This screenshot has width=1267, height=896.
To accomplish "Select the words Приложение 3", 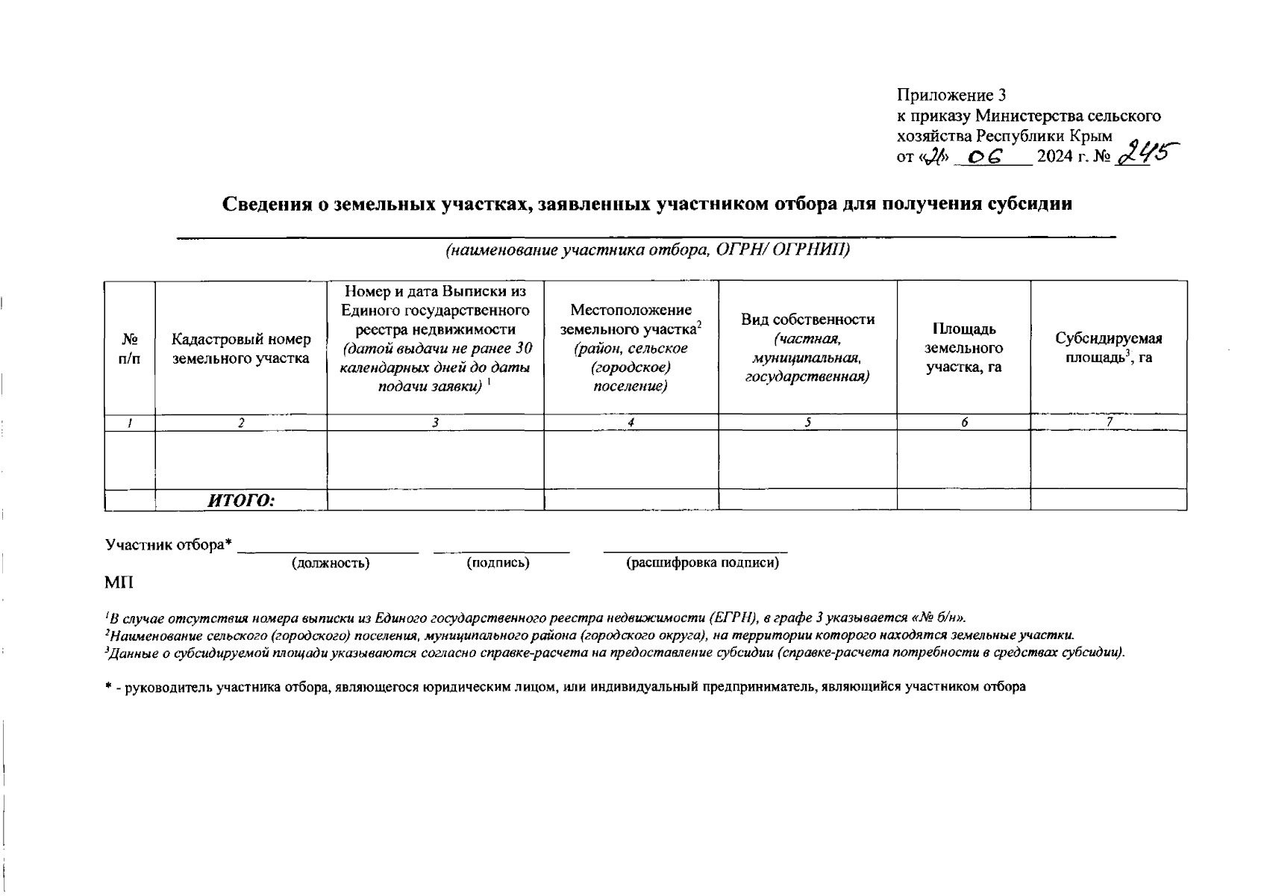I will (951, 96).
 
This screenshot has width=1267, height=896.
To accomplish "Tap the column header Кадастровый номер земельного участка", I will (240, 349).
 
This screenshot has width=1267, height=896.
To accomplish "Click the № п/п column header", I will (129, 349).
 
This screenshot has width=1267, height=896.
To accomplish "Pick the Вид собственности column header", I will (807, 348).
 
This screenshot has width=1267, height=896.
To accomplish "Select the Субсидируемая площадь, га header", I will (1108, 348).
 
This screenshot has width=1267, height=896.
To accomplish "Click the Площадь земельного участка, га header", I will (963, 348).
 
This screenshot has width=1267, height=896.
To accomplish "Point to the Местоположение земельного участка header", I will (631, 348).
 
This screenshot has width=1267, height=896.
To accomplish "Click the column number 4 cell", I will (631, 423).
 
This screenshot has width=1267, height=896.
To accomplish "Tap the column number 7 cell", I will (1110, 422).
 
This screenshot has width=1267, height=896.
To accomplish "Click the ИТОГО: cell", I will (241, 500).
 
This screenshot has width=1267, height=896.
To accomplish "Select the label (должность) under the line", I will (331, 563).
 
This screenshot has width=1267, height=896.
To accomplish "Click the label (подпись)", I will (498, 563).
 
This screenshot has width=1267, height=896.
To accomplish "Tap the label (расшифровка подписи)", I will (702, 563).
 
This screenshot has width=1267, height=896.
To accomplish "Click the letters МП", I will (118, 582).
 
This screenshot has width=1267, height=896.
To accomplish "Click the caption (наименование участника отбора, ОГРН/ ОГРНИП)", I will (648, 250).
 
